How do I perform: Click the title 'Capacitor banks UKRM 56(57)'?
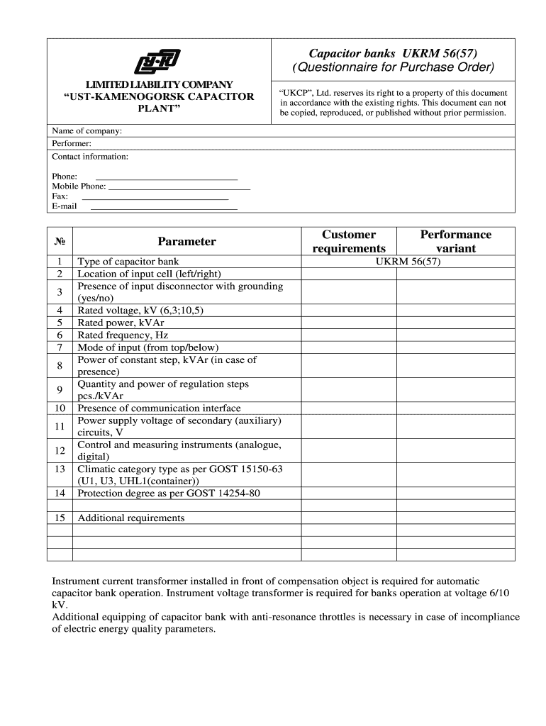pyautogui.click(x=392, y=53)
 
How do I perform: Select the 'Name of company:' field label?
pyautogui.click(x=87, y=131)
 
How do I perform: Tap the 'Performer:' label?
pyautogui.click(x=72, y=143)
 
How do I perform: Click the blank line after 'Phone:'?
pyautogui.click(x=166, y=177)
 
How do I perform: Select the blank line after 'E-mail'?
pyautogui.click(x=164, y=207)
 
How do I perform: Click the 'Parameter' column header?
pyautogui.click(x=186, y=241)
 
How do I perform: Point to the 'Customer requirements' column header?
pyautogui.click(x=349, y=241)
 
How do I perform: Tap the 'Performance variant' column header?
pyautogui.click(x=455, y=241)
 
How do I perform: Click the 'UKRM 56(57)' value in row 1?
pyautogui.click(x=408, y=262)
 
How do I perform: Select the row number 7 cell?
pyautogui.click(x=60, y=347)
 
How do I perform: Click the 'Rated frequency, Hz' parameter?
pyautogui.click(x=123, y=335)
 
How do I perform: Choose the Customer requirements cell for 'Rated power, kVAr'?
pyautogui.click(x=349, y=323)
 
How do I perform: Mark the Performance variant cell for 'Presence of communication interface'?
pyautogui.click(x=455, y=408)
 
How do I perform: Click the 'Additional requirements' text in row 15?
pyautogui.click(x=131, y=518)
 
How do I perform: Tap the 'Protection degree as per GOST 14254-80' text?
pyautogui.click(x=169, y=493)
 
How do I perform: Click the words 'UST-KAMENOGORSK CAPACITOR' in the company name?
pyautogui.click(x=159, y=96)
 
